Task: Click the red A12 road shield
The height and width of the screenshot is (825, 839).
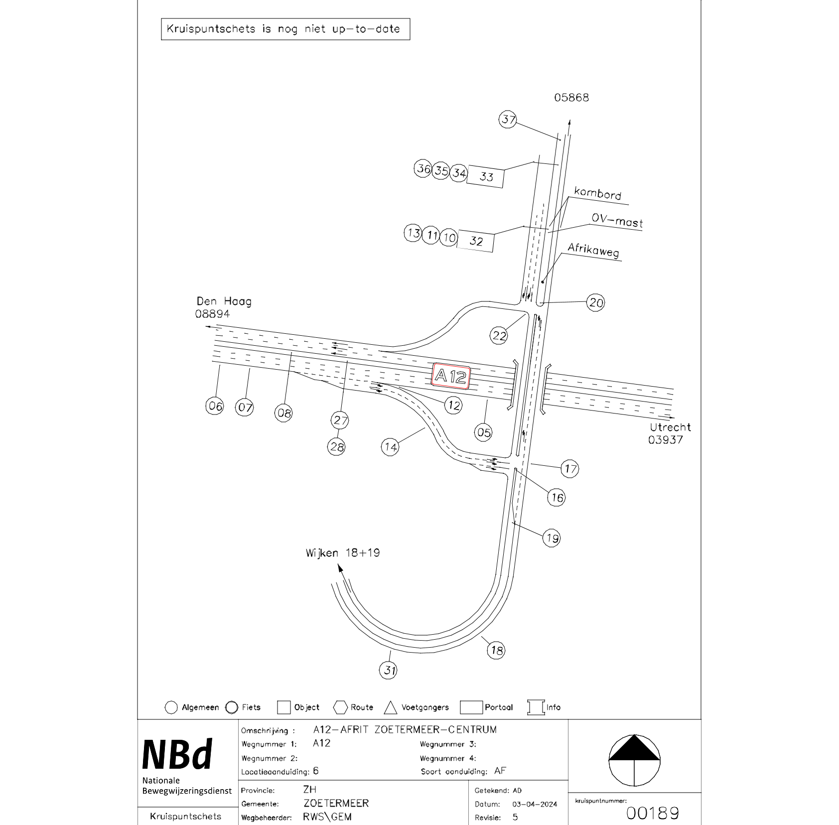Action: pos(451,376)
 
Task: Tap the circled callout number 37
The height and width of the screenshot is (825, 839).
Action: pos(508,120)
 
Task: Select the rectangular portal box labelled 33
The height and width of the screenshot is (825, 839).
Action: pos(485,176)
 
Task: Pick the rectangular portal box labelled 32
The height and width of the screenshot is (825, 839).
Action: pos(476,241)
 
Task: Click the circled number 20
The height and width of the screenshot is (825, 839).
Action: pos(596,302)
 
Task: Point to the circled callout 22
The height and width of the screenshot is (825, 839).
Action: pos(499,336)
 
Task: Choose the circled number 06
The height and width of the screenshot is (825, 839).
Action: pos(215,406)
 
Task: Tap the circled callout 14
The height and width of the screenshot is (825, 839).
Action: pos(391,447)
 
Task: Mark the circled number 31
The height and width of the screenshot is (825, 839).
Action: pos(389,670)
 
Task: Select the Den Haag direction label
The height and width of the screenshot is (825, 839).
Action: pos(224,301)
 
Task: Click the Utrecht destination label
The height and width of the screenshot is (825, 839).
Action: pos(670,427)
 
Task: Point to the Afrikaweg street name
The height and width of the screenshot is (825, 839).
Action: pos(593,250)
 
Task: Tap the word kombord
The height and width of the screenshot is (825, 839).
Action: pos(597,193)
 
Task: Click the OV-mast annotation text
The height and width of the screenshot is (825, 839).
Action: pos(617,221)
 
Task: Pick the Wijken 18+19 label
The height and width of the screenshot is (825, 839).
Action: pos(343,553)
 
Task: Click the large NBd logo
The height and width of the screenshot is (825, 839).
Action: pos(178,755)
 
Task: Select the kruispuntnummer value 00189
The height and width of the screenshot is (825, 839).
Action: pos(652,813)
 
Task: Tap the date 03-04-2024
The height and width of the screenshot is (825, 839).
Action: pos(535,804)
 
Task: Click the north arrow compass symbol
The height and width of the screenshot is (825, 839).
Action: pos(634,761)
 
